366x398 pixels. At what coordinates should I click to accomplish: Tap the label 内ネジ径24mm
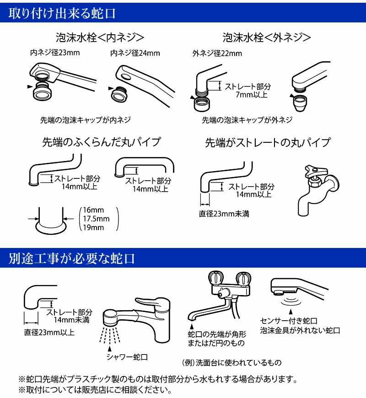coord(135,54)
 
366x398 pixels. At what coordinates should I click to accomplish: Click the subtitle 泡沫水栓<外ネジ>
coord(267,37)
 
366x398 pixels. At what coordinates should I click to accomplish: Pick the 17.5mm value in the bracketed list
coord(96,219)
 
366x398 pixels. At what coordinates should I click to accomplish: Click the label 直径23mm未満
coord(224,214)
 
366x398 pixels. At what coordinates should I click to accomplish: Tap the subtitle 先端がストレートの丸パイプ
coord(267,142)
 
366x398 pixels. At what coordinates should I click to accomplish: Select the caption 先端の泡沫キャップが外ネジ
coord(247,120)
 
